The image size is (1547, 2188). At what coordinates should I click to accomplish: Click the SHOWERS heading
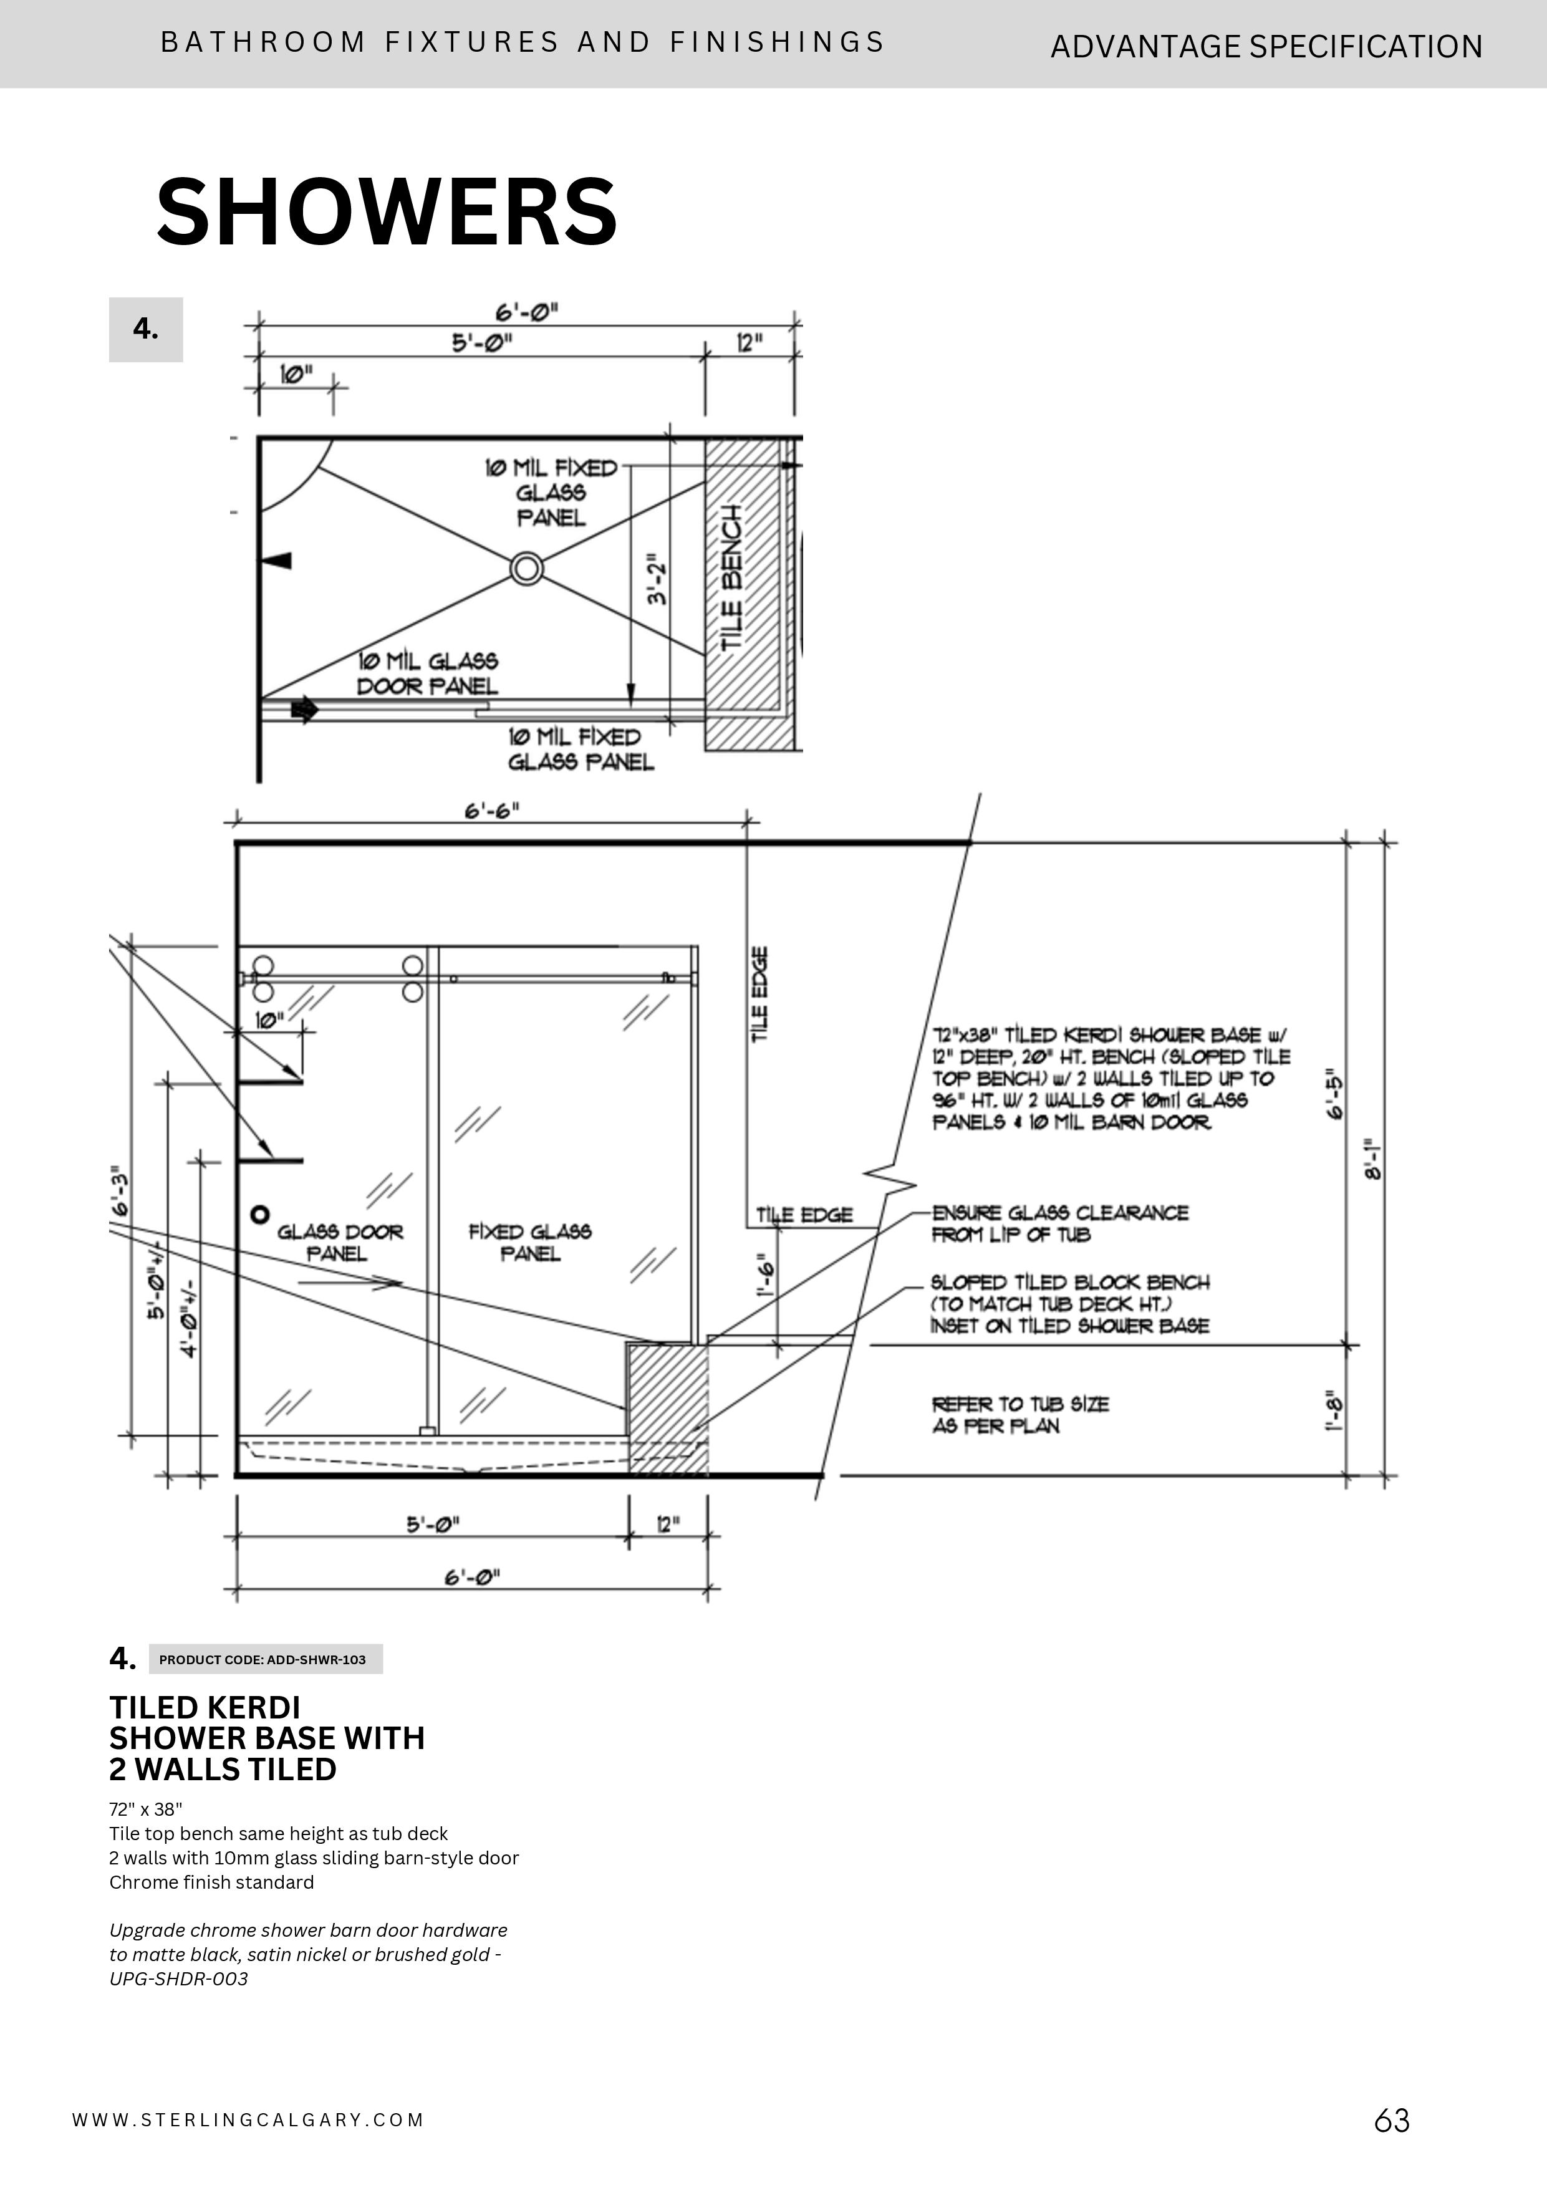pyautogui.click(x=387, y=211)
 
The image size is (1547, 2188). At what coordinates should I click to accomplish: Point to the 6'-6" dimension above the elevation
pyautogui.click(x=492, y=811)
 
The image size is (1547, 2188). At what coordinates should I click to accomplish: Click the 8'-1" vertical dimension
pyautogui.click(x=1372, y=1159)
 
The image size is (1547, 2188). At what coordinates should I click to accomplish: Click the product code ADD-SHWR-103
pyautogui.click(x=263, y=1659)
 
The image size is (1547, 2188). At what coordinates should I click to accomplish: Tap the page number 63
pyautogui.click(x=1392, y=2120)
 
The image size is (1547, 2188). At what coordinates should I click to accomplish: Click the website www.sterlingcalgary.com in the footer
pyautogui.click(x=248, y=2120)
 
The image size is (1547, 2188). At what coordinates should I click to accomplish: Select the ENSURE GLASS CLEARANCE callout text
pyautogui.click(x=1059, y=1223)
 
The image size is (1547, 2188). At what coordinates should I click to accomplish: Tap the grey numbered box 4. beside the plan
pyautogui.click(x=146, y=330)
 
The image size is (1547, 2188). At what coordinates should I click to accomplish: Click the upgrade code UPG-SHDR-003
pyautogui.click(x=179, y=1978)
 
